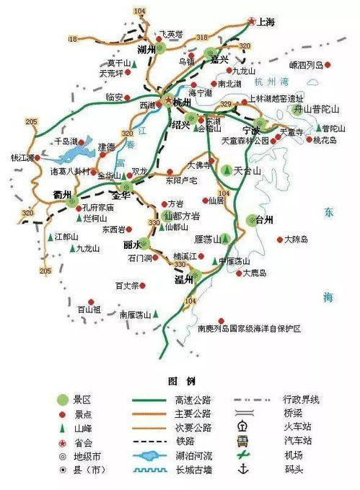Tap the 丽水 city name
coord(132,244)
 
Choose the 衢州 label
coord(62,195)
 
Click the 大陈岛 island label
coord(297,239)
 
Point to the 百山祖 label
coord(89,310)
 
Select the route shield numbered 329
coord(227,105)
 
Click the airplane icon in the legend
coord(244,455)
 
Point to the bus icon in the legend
coord(244,440)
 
